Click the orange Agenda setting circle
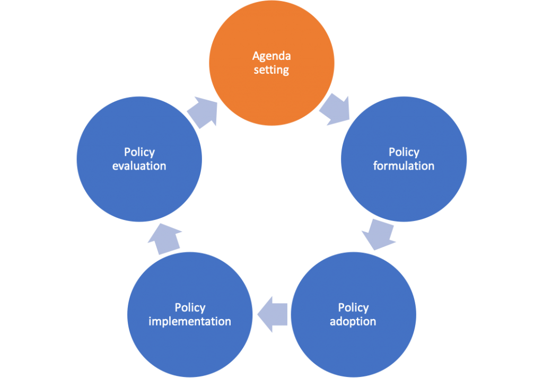(271, 63)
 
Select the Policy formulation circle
(404, 159)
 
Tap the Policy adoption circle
(353, 315)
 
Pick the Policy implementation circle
(190, 315)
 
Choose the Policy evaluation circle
(139, 159)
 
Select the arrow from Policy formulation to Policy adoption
(379, 234)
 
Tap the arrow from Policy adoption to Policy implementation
(272, 314)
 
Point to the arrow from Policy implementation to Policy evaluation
(164, 239)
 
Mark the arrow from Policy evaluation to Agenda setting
(203, 113)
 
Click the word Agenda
(271, 56)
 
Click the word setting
(271, 70)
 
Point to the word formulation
(404, 166)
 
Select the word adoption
(353, 322)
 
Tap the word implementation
(190, 322)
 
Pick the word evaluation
(139, 166)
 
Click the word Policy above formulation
(404, 152)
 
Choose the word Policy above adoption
(353, 308)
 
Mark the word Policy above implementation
(190, 308)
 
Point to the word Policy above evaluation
(139, 152)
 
